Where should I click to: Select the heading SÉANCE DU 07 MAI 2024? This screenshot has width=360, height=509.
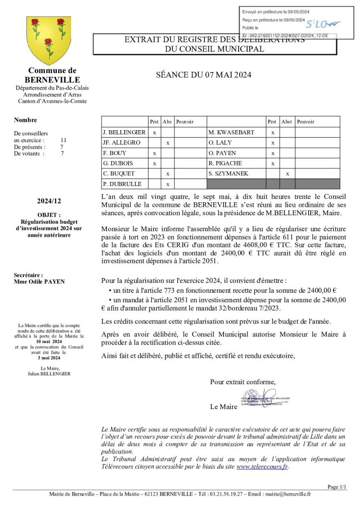click(204, 75)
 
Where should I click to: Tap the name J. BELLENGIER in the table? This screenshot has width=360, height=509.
click(124, 132)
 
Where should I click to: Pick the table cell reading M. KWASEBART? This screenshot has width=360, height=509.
click(231, 132)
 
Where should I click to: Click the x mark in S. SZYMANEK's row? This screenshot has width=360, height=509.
click(287, 173)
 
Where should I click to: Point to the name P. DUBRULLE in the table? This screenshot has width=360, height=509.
click(122, 184)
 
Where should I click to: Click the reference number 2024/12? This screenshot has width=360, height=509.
click(49, 201)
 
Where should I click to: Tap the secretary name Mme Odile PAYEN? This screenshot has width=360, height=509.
click(39, 281)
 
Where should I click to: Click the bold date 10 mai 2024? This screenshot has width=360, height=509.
click(49, 341)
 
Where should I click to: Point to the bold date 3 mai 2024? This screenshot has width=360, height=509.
click(49, 358)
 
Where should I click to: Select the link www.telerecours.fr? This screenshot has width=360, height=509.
click(262, 466)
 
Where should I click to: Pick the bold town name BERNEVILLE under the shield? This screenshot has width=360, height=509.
click(52, 80)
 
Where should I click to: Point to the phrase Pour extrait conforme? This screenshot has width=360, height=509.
click(243, 382)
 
